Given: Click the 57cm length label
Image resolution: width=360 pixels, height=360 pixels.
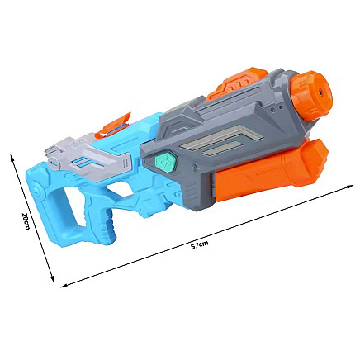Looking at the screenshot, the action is coord(200,244).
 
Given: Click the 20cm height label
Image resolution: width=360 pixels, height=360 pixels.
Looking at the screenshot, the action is coord(26,220).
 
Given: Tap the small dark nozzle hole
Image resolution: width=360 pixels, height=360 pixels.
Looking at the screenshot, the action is coord(320,92).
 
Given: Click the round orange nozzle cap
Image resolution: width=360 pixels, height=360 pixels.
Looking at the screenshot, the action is coord(312,96).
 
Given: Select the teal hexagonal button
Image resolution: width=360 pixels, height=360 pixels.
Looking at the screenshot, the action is coord(165,163).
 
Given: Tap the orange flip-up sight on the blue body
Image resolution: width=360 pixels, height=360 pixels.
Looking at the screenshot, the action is coord(113,126).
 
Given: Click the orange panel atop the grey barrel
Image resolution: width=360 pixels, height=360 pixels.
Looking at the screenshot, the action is coord(236,83).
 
